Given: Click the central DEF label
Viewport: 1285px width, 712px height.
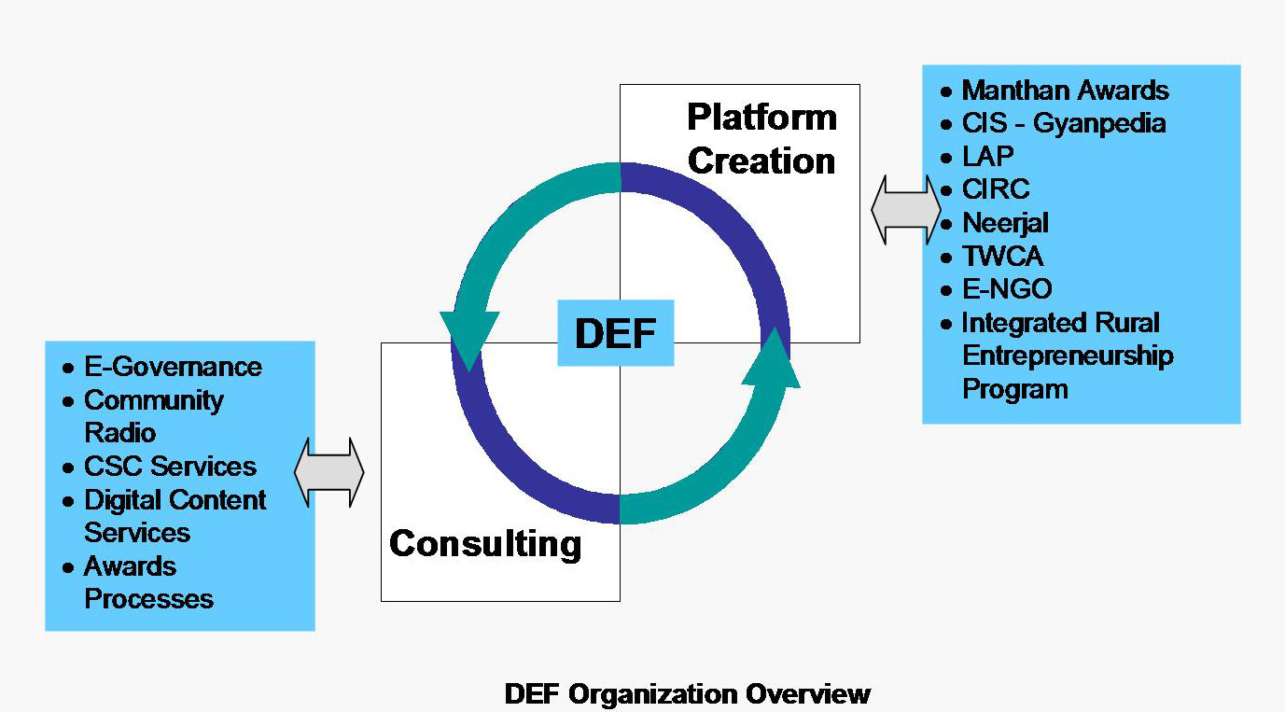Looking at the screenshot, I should pos(615,333).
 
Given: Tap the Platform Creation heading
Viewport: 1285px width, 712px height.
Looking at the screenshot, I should pos(761,139).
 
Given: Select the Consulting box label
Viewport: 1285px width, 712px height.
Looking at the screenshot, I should pos(485,543).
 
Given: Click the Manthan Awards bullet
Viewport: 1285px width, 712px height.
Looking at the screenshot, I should pos(1065,91).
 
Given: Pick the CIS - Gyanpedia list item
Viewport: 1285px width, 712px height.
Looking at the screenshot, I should pos(1064,123).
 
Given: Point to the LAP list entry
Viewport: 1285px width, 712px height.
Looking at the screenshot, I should pos(987,156).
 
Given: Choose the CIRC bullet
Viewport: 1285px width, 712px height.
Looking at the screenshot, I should pos(996,189).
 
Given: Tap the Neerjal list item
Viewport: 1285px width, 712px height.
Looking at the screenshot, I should pos(1005,223).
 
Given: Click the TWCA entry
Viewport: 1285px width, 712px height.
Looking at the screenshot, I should pos(1002,256).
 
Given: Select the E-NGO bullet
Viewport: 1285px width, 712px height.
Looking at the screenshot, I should pos(1007,289).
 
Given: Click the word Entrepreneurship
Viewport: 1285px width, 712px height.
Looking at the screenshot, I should pos(1068,356).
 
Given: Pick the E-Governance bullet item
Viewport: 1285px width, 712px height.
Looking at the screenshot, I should pos(173,367).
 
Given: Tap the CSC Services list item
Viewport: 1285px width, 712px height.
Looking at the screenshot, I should pos(170,467).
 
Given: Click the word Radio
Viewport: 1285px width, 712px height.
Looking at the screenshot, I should pos(120,433).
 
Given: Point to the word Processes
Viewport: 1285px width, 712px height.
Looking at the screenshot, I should pos(148,599).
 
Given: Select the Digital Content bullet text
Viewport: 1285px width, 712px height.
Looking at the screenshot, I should pos(175,500).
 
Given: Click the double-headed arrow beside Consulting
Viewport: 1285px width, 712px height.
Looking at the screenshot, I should pos(328,472).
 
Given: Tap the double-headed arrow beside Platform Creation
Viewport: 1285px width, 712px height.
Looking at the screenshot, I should pos(905,211).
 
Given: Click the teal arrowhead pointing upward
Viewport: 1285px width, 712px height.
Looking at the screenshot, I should pos(772,358).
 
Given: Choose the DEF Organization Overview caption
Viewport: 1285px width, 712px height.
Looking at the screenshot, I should pos(687,694).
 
